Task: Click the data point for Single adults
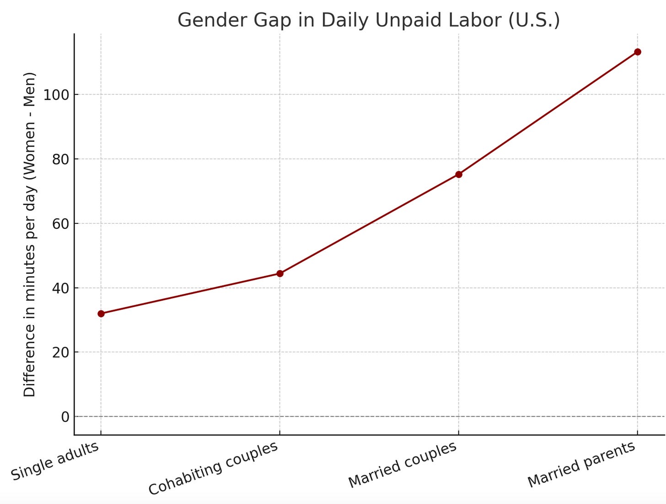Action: pyautogui.click(x=101, y=314)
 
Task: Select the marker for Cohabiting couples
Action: pyautogui.click(x=280, y=274)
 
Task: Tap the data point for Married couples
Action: pyautogui.click(x=458, y=174)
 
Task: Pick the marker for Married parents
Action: pyautogui.click(x=638, y=52)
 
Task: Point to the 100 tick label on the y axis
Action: pyautogui.click(x=56, y=95)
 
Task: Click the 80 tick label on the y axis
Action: pyautogui.click(x=61, y=159)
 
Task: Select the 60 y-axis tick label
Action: pyautogui.click(x=61, y=224)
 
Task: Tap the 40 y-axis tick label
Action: pyautogui.click(x=61, y=288)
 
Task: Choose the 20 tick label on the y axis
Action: pyautogui.click(x=61, y=352)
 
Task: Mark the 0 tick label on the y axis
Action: pyautogui.click(x=65, y=417)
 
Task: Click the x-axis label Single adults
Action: pyautogui.click(x=55, y=461)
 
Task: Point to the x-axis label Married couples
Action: pyautogui.click(x=403, y=465)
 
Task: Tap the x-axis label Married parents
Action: pyautogui.click(x=581, y=465)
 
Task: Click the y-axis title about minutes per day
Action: pyautogui.click(x=29, y=234)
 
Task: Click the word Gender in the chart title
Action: pyautogui.click(x=212, y=20)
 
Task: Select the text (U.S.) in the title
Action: pyautogui.click(x=534, y=20)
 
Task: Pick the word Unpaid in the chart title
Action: pyautogui.click(x=407, y=21)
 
